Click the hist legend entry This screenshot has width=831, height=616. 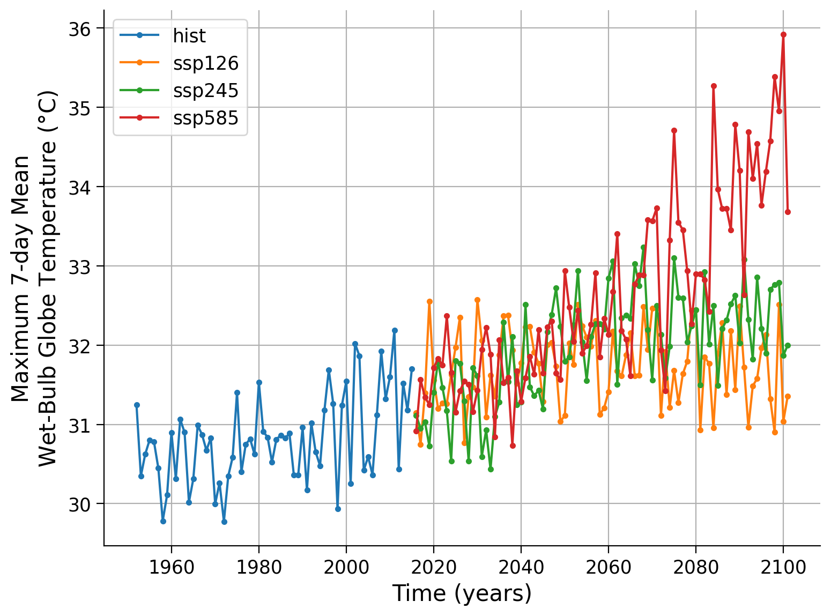(x=189, y=36)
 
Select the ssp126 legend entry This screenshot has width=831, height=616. (x=205, y=63)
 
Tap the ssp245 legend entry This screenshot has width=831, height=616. (x=205, y=91)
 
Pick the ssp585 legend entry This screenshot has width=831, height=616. (x=205, y=118)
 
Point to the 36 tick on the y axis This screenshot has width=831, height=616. (x=79, y=28)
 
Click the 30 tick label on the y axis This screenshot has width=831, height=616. (x=79, y=504)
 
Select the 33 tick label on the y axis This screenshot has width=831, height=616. (x=79, y=266)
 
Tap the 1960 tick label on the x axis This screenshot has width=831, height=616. (x=171, y=567)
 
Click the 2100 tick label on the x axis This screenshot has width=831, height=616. (x=783, y=567)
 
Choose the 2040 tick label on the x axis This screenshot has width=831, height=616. (x=521, y=567)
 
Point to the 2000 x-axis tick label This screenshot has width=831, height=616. (x=346, y=567)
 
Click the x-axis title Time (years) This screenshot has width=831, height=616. (x=462, y=593)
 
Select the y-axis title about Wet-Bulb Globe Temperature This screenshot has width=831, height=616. (x=35, y=279)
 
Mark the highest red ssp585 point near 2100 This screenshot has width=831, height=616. (x=783, y=34)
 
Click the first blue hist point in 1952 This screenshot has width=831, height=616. (x=137, y=405)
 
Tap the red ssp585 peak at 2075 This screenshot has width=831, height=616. (x=674, y=130)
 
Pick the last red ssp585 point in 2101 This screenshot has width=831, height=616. (x=788, y=212)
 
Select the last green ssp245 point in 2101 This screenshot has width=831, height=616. (x=788, y=345)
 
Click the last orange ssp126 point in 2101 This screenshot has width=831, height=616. (x=788, y=396)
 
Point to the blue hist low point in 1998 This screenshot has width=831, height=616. (x=338, y=509)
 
